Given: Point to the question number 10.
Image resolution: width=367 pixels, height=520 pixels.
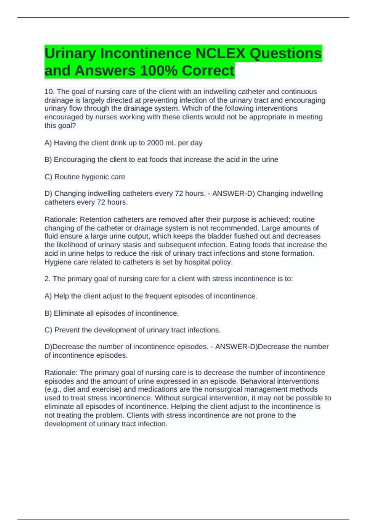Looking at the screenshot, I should tap(49, 91).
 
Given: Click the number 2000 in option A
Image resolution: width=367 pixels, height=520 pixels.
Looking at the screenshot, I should tap(155, 143).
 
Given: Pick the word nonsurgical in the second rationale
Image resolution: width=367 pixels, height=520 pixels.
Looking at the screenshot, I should tap(224, 389).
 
